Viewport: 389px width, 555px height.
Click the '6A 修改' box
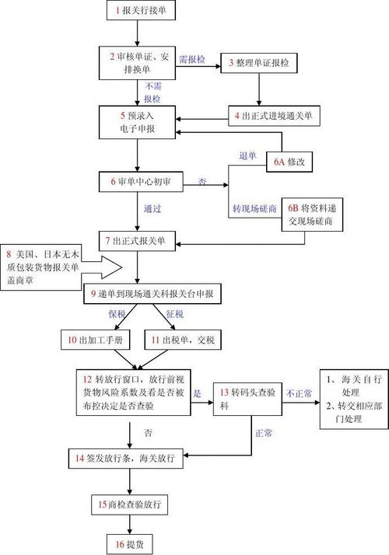coord(292,162)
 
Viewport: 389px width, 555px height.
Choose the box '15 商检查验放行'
coord(128,504)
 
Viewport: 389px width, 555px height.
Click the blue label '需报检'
coord(191,60)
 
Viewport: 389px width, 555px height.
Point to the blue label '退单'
coord(247,155)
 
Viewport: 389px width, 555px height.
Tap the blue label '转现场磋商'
coord(255,209)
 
